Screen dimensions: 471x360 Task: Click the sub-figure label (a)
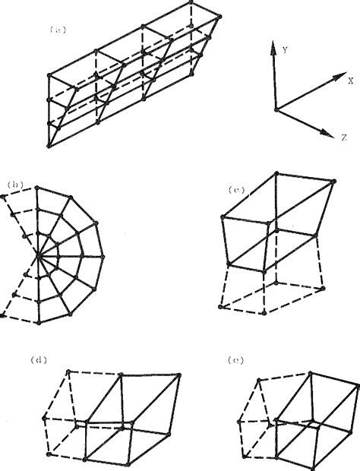(x=59, y=30)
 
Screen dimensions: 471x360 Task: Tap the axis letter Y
(x=284, y=49)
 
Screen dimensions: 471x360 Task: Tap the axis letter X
(x=350, y=79)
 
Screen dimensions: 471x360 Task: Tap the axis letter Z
(x=344, y=138)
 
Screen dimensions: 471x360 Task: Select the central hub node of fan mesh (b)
(x=43, y=258)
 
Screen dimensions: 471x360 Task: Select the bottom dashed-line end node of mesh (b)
(x=4, y=314)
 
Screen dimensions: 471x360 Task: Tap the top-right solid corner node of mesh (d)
(x=180, y=375)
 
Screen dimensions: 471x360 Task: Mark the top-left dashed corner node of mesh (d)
(x=69, y=371)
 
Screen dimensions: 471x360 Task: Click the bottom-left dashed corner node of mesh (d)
(x=48, y=454)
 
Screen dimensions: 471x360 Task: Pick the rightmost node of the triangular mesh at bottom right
(x=356, y=385)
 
